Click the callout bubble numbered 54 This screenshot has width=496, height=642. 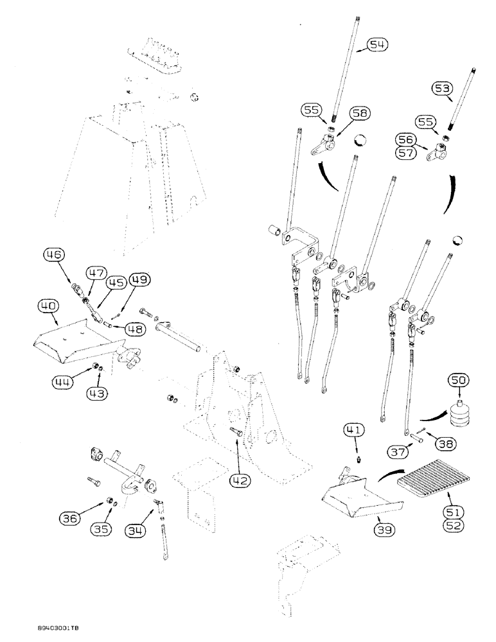point(378,44)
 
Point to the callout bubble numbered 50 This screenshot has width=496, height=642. point(459,381)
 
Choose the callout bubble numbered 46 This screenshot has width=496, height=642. point(54,256)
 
